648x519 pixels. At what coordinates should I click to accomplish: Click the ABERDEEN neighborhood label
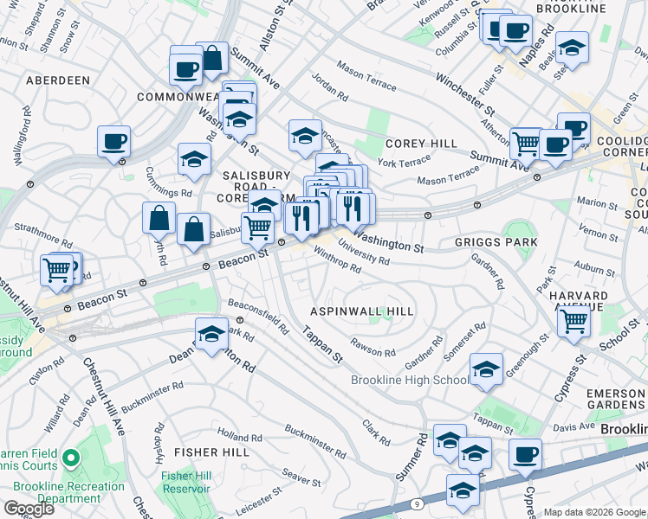pyautogui.click(x=58, y=80)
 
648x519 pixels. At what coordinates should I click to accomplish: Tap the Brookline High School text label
pyautogui.click(x=411, y=381)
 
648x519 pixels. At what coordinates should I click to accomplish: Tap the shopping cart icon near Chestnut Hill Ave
pyautogui.click(x=58, y=270)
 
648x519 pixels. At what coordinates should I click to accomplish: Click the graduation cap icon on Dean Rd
pyautogui.click(x=211, y=334)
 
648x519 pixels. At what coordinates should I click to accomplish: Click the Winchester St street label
pyautogui.click(x=464, y=95)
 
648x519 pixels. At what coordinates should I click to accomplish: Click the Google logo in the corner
pyautogui.click(x=29, y=509)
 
